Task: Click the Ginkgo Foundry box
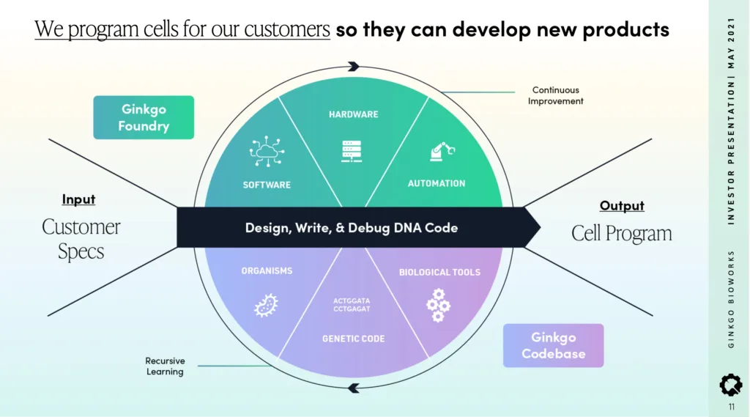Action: tap(144, 117)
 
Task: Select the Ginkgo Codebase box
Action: tap(554, 345)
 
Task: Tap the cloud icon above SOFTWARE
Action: tap(267, 151)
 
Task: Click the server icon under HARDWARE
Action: tap(352, 151)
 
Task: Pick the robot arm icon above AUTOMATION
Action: tap(442, 151)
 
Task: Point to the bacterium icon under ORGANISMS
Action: tap(267, 306)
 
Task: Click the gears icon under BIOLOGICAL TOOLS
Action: tap(438, 305)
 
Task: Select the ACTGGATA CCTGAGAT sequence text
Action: tap(352, 305)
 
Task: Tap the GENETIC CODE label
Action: tap(354, 339)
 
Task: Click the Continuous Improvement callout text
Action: tap(555, 95)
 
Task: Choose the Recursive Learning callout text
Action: tap(165, 366)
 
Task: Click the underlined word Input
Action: tap(78, 199)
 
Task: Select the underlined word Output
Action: tap(622, 205)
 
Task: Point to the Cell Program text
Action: tap(621, 234)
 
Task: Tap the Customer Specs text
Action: tap(81, 238)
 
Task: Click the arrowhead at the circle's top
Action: tap(354, 66)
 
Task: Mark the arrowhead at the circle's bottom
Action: tap(354, 388)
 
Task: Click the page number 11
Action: tap(732, 407)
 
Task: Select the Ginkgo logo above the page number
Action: tap(731, 385)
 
